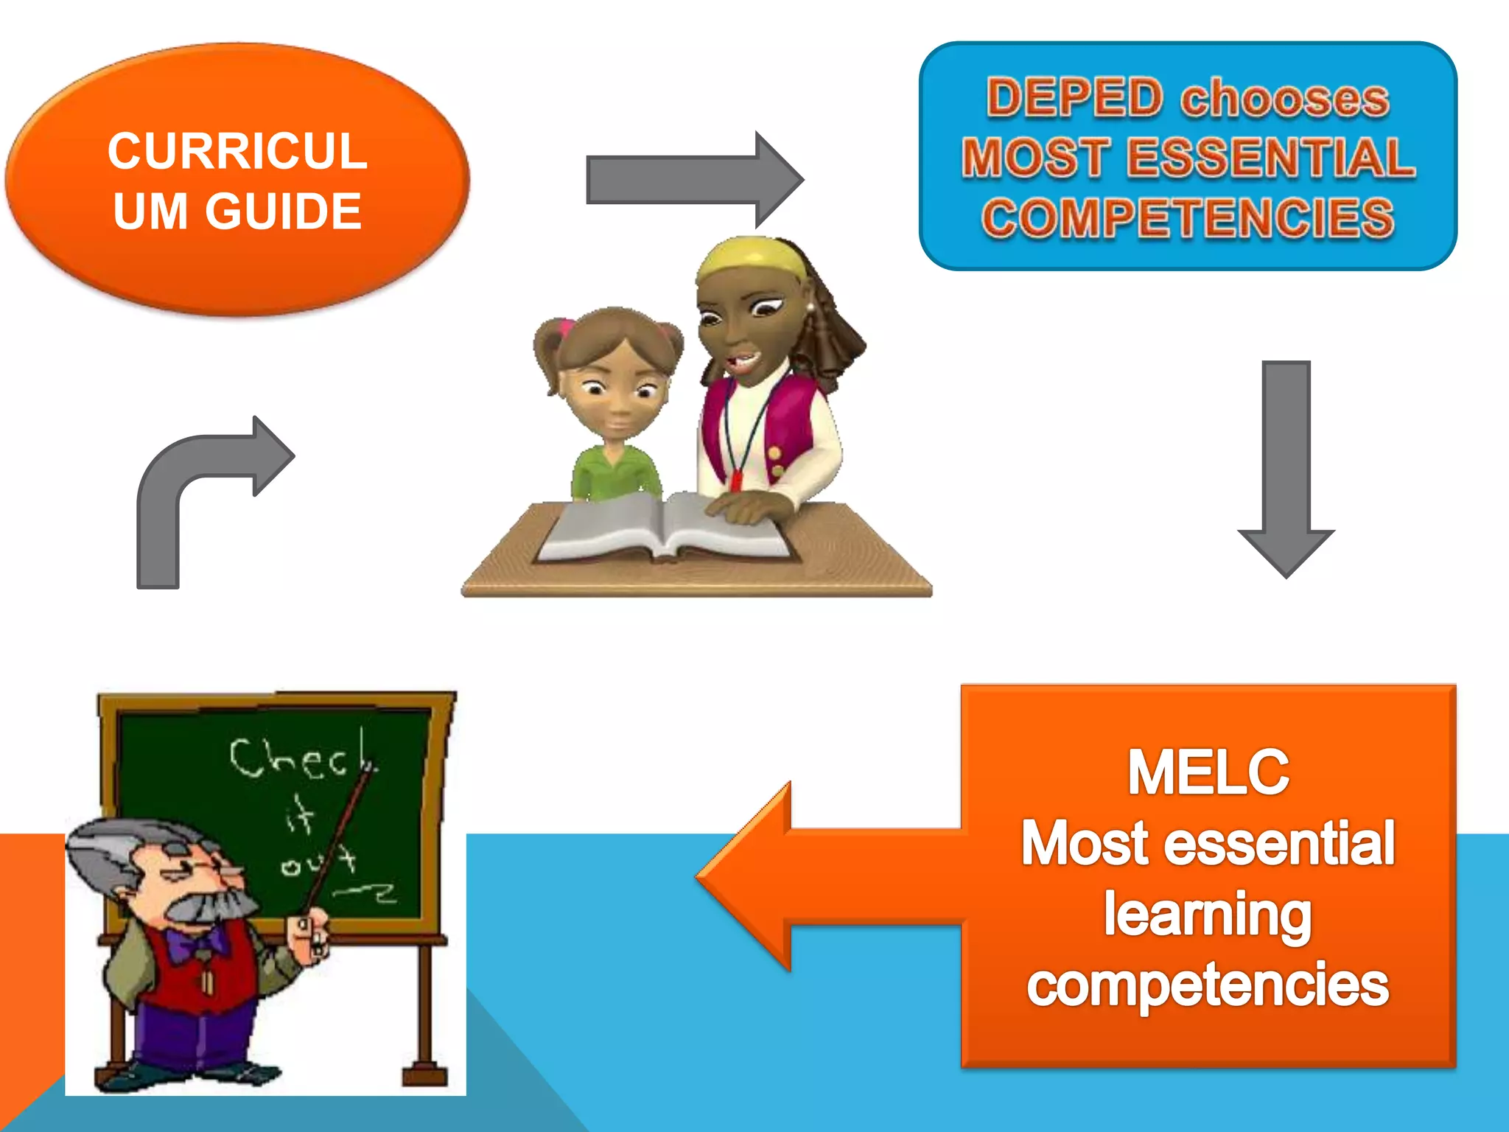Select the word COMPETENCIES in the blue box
1188,217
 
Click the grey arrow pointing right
693,179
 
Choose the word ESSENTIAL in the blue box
1270,158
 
